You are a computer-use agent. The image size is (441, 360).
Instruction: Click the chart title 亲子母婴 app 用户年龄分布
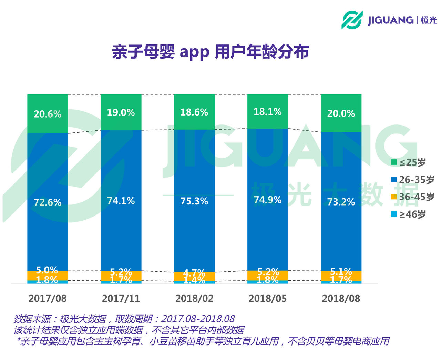(210, 52)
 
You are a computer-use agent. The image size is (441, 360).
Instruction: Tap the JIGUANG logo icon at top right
(352, 20)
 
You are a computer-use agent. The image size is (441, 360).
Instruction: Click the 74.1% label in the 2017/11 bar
(121, 201)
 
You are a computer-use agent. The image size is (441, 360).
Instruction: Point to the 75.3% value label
(194, 201)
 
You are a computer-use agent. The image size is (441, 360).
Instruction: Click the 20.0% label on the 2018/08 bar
(341, 113)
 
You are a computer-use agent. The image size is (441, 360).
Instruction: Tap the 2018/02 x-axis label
(194, 298)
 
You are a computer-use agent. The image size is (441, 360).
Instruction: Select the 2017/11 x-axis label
(121, 298)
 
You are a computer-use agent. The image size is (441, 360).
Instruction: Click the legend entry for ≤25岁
(409, 162)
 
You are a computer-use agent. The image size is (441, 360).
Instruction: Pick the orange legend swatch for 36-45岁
(394, 197)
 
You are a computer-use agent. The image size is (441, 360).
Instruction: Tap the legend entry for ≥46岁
(409, 214)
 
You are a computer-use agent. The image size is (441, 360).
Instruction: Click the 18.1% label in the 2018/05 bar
(268, 112)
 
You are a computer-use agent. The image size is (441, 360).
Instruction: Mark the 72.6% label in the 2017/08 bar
(48, 202)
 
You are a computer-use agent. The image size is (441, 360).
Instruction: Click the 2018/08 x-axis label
(341, 298)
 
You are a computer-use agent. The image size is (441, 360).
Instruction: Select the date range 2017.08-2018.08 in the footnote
(198, 319)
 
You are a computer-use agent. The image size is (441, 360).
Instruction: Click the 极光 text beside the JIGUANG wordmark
(429, 20)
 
